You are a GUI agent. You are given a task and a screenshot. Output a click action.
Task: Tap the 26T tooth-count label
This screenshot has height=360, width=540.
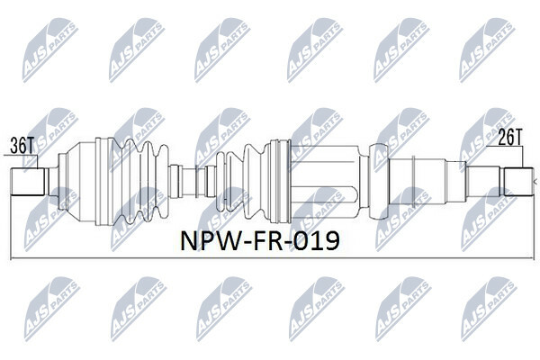click(x=510, y=137)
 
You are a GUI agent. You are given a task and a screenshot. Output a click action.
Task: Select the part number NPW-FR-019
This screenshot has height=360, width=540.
click(x=260, y=240)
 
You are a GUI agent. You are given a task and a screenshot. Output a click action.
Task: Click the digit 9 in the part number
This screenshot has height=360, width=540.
click(x=330, y=240)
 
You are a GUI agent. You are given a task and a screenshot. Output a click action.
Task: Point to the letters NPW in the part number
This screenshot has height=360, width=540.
click(x=210, y=240)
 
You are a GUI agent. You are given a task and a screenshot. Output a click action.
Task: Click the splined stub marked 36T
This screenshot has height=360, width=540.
click(x=28, y=182)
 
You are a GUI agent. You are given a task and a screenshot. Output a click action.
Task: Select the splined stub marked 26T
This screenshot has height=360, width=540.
click(x=519, y=182)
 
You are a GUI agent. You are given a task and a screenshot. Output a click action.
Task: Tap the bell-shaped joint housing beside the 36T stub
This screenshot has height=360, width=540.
click(x=82, y=182)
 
